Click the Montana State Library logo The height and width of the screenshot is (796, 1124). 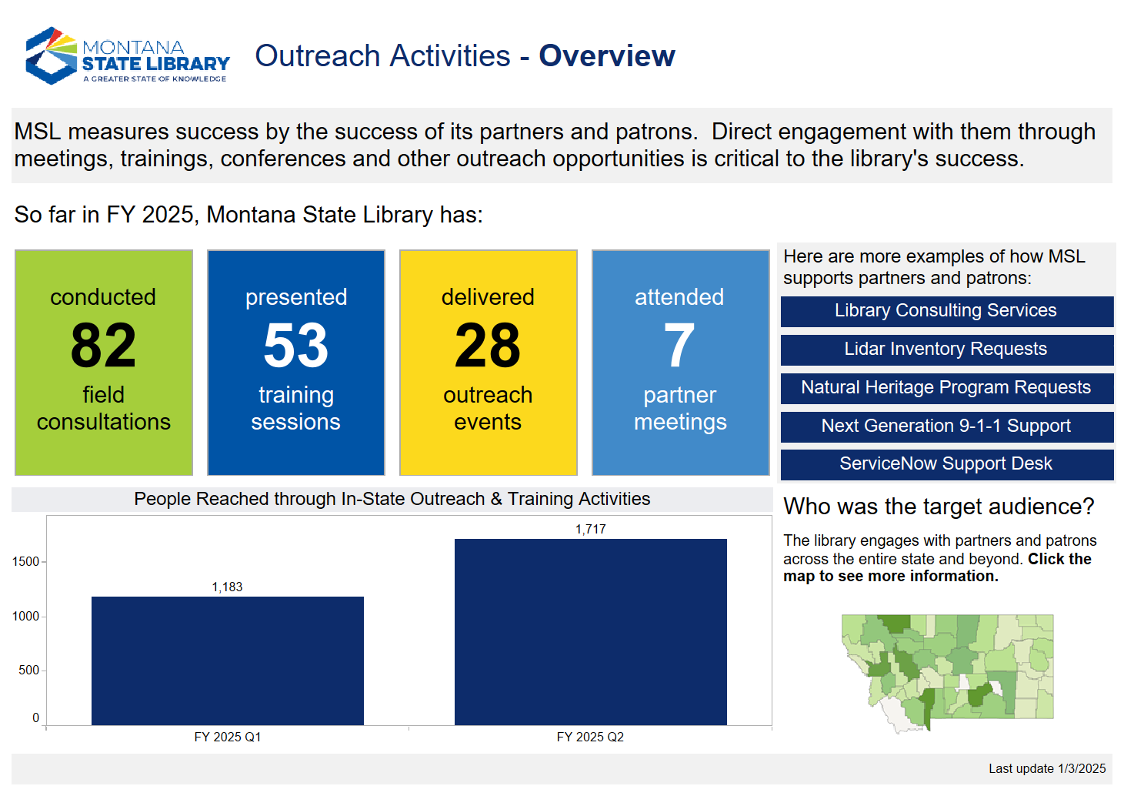pyautogui.click(x=128, y=56)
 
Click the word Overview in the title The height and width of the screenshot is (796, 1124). pyautogui.click(x=606, y=56)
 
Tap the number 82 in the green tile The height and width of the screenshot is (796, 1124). pyautogui.click(x=103, y=346)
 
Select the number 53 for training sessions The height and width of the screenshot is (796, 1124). pyautogui.click(x=295, y=346)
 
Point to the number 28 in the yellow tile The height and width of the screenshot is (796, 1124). pyautogui.click(x=488, y=346)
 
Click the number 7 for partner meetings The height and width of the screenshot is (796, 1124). pyautogui.click(x=679, y=346)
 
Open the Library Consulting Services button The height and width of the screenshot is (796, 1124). pyautogui.click(x=946, y=311)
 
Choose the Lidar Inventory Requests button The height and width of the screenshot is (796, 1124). pyautogui.click(x=946, y=350)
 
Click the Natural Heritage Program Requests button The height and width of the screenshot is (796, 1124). pyautogui.click(x=946, y=388)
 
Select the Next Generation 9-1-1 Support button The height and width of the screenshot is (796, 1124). pyautogui.click(x=946, y=426)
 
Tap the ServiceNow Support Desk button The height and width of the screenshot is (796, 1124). pyautogui.click(x=946, y=464)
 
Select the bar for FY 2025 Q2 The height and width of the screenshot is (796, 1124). pyautogui.click(x=590, y=631)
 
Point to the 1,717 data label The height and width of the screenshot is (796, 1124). pyautogui.click(x=590, y=530)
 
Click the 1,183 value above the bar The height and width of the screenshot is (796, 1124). pyautogui.click(x=227, y=587)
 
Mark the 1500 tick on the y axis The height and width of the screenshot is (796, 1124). pyautogui.click(x=25, y=562)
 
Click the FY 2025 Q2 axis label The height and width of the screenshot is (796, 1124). pyautogui.click(x=590, y=737)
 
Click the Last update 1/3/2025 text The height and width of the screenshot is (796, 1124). pyautogui.click(x=1046, y=769)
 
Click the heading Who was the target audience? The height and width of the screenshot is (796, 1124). pyautogui.click(x=939, y=507)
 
